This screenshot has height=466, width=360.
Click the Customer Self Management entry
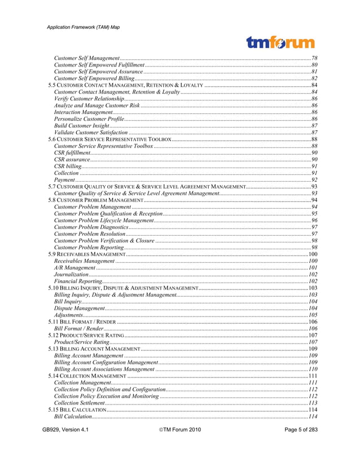[86, 58]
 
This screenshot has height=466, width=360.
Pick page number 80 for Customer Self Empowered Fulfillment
[314, 65]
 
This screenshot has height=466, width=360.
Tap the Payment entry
[64, 179]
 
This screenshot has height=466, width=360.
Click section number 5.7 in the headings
[51, 186]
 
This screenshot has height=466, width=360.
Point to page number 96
[314, 220]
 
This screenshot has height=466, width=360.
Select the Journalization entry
[71, 274]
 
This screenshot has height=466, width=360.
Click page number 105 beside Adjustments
[313, 315]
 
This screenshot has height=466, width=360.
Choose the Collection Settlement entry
[79, 403]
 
